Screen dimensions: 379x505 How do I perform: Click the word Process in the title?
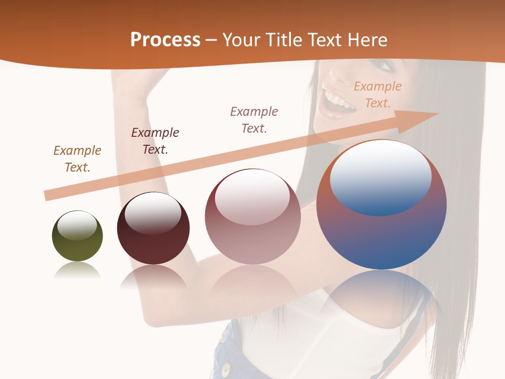165,40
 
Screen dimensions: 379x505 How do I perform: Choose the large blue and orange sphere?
381,237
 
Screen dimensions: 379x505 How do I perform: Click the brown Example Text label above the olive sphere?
77,159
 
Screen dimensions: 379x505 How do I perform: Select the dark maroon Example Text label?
155,141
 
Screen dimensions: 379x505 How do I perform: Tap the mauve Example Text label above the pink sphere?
254,120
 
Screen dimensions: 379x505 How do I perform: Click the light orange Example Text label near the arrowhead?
378,95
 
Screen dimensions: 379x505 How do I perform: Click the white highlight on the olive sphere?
77,225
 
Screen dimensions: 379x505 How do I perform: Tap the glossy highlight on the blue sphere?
380,176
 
